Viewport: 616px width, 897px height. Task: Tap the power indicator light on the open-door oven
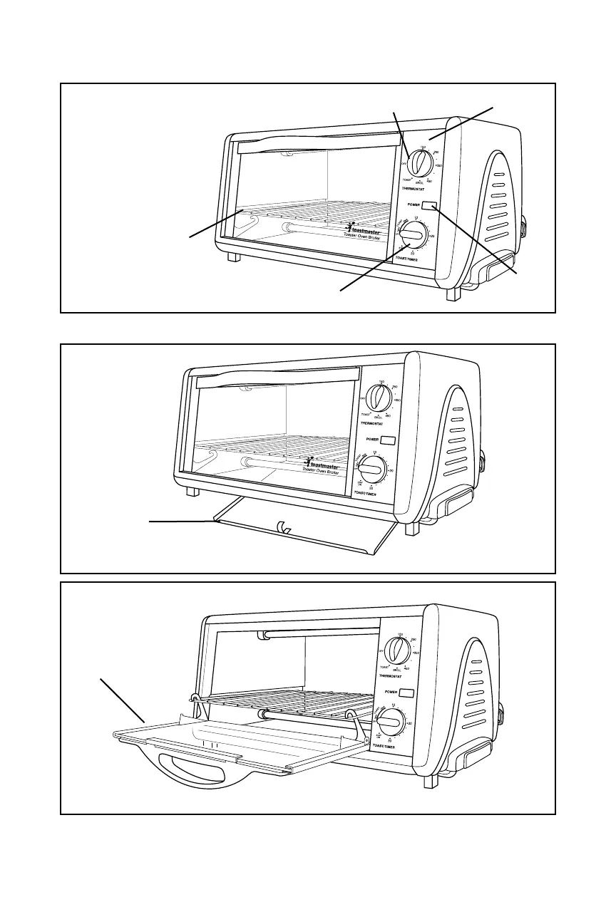[407, 693]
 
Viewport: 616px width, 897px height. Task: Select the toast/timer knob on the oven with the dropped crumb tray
[371, 470]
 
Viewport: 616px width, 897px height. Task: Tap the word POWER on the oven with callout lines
[414, 204]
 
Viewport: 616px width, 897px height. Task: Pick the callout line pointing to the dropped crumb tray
[182, 522]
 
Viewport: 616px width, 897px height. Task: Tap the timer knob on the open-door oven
[391, 722]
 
